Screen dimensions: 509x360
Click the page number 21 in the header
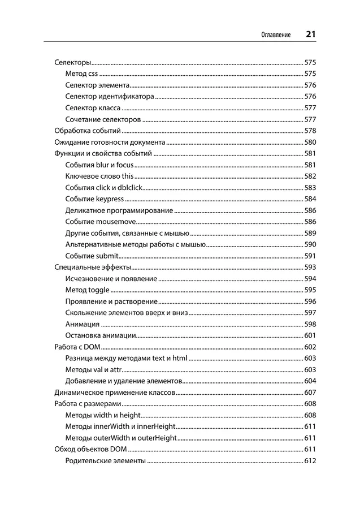point(310,34)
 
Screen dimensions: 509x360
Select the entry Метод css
point(81,74)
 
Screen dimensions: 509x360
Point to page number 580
point(310,142)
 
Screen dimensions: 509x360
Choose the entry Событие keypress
point(94,199)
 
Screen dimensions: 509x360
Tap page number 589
point(310,233)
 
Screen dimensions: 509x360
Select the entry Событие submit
point(92,256)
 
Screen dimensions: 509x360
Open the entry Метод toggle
point(87,290)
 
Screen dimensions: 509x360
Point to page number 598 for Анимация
point(310,324)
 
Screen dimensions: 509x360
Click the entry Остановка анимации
point(100,335)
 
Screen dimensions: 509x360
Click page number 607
point(310,392)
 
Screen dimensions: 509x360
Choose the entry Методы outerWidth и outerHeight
point(120,438)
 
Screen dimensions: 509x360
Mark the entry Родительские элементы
point(105,460)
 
